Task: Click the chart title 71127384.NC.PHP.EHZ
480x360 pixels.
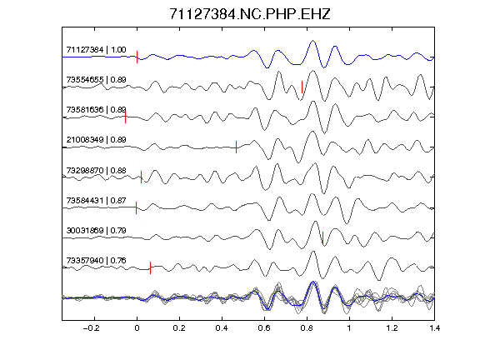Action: (x=250, y=14)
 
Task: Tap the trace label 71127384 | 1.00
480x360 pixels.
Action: (x=96, y=50)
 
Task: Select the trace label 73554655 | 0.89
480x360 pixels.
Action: (x=96, y=80)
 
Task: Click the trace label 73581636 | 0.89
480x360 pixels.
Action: (x=96, y=110)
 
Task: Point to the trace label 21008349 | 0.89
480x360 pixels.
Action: (x=96, y=140)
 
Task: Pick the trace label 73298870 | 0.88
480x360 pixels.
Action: (x=96, y=170)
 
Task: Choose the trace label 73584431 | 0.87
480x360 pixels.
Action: (x=96, y=201)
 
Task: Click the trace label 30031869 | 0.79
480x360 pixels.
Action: (x=96, y=230)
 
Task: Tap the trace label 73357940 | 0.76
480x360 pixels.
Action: (x=96, y=261)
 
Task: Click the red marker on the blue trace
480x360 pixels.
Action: (x=137, y=57)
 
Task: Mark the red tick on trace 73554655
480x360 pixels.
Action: (x=302, y=87)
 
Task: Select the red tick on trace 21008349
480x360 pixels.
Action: (x=236, y=147)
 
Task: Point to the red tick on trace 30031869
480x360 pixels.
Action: (x=322, y=237)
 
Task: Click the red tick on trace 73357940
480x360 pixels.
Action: (x=150, y=267)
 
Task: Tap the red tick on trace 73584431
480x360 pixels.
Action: (x=136, y=207)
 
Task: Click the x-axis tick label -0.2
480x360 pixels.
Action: (x=91, y=328)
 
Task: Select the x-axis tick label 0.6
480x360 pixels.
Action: (x=264, y=328)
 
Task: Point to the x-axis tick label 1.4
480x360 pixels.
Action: (x=434, y=328)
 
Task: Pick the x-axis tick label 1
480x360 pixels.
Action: (x=349, y=328)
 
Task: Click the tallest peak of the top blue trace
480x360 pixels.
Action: (x=312, y=40)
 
